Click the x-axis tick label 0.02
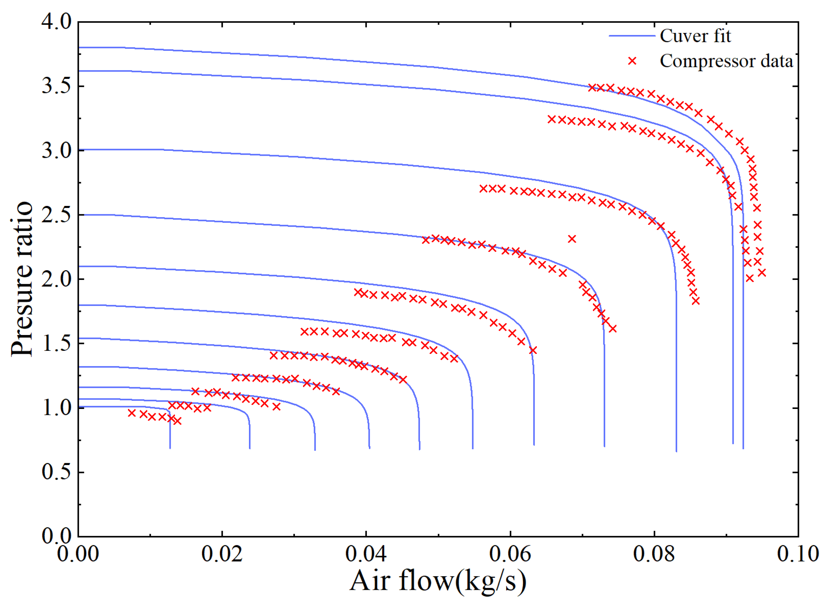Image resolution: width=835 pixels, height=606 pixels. click(222, 554)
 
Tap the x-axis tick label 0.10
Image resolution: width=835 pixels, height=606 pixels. click(798, 554)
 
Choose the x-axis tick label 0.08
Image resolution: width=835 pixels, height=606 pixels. click(654, 554)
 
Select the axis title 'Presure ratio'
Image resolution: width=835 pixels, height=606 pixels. click(22, 279)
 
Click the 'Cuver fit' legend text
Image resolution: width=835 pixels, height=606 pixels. click(695, 36)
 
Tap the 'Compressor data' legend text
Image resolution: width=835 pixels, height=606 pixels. click(726, 61)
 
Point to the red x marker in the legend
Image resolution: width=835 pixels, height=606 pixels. click(632, 61)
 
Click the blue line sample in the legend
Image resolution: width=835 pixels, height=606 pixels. click(632, 36)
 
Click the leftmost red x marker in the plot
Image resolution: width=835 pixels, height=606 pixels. click(132, 413)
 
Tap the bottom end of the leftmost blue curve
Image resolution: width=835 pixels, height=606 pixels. click(170, 448)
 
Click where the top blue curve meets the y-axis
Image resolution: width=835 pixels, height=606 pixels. click(79, 48)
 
